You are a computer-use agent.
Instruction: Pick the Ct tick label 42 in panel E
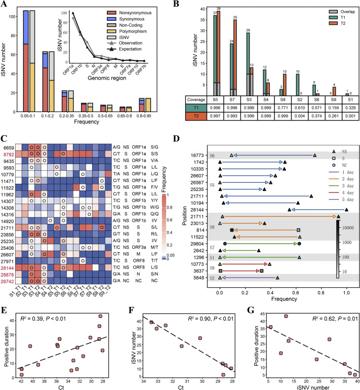pos(21,378)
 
